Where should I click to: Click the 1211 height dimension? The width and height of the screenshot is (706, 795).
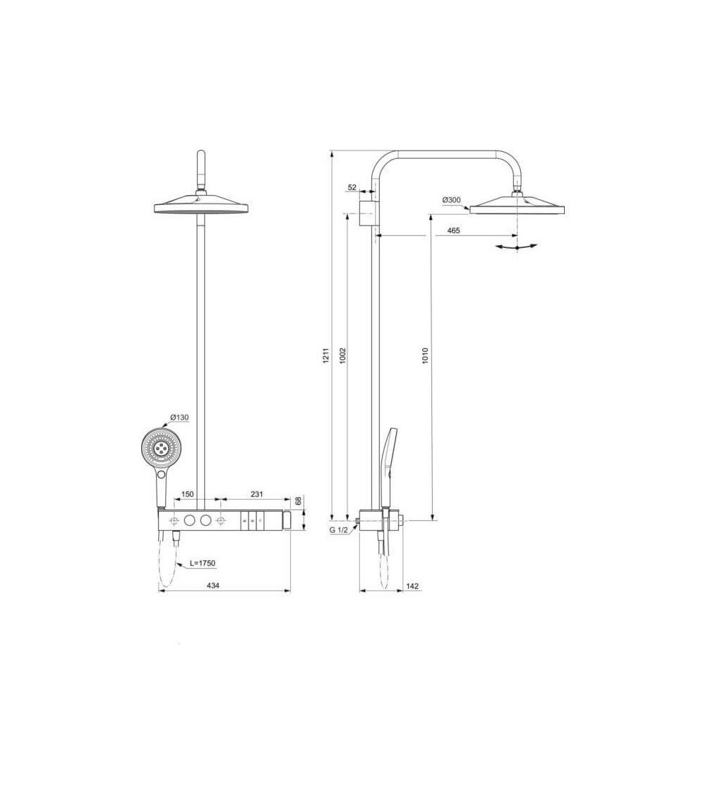pos(326,357)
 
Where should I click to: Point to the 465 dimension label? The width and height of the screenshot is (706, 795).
pos(453,231)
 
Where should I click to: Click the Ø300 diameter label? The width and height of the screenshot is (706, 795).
pos(451,200)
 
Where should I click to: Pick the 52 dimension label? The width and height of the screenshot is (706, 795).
pos(352,188)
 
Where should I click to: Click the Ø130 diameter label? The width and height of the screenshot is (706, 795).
pos(179,418)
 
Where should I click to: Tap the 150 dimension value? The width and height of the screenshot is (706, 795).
pos(188,495)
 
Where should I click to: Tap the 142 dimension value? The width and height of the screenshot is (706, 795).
pos(414,585)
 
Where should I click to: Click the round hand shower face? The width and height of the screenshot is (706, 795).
pos(161,449)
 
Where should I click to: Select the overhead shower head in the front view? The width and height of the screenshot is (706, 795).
pos(202,206)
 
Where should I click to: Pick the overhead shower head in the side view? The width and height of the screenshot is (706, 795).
pos(517,206)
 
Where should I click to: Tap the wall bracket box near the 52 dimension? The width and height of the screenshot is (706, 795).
pos(367,213)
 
